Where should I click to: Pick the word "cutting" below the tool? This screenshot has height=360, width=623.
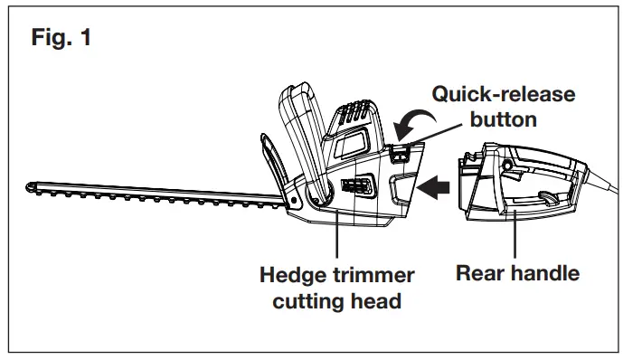tap(304, 300)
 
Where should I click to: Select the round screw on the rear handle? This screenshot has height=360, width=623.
tap(509, 166)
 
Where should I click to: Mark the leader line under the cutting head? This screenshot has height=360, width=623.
tap(337, 238)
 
